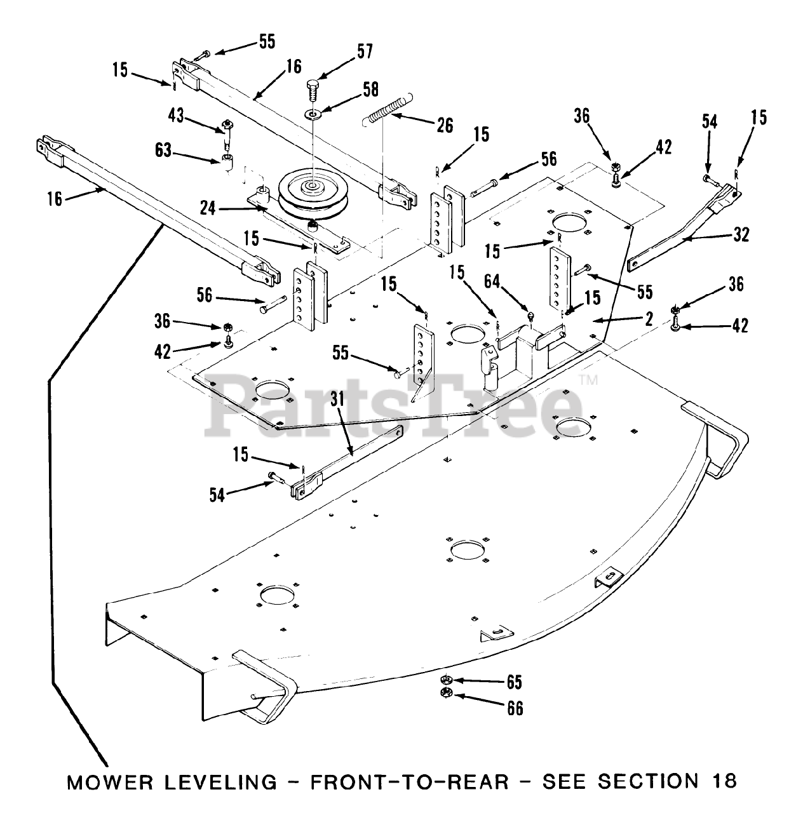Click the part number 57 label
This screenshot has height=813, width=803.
(x=365, y=51)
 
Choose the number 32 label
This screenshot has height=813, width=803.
(x=740, y=235)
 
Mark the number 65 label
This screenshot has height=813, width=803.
(x=514, y=682)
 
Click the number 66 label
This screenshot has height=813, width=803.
(x=515, y=708)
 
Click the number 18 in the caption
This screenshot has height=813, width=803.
(x=724, y=781)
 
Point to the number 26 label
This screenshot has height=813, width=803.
(x=445, y=125)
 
